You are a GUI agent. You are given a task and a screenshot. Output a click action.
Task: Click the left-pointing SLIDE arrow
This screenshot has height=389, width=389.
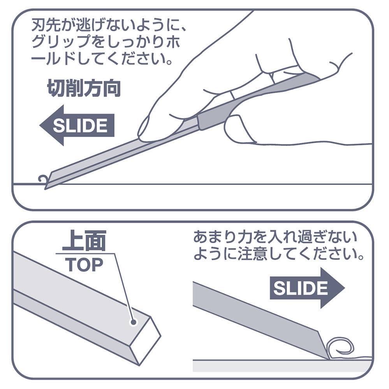77,125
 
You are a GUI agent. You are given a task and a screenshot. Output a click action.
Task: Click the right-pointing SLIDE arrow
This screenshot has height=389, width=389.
307,288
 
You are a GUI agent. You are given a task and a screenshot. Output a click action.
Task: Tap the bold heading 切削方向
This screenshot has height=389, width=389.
84,88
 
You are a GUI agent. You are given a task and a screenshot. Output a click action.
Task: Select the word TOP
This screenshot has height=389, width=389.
84,265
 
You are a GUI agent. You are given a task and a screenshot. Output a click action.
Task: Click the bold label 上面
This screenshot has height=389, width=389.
84,240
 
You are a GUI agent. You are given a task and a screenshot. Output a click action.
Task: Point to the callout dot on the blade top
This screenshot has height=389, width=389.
134,322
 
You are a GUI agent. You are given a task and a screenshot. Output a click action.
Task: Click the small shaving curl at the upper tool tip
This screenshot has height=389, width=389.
43,179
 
